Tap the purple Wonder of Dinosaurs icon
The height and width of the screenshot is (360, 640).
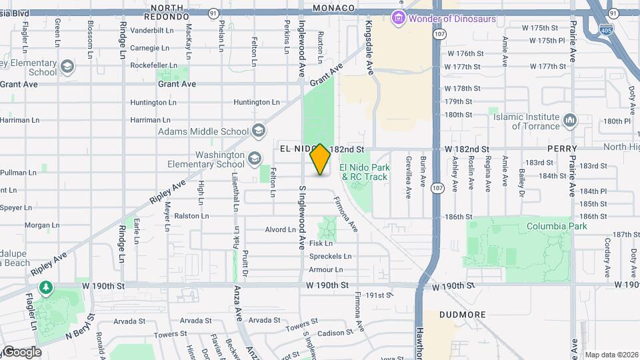click(399, 18)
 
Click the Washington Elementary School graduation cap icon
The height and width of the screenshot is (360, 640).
click(254, 158)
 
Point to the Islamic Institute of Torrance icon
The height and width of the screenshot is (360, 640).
click(569, 121)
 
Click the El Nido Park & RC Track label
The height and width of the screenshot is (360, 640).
click(363, 172)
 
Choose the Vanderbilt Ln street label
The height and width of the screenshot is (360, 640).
click(151, 30)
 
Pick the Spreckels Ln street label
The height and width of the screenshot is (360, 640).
click(330, 256)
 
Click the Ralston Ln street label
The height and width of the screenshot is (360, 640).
click(191, 216)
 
